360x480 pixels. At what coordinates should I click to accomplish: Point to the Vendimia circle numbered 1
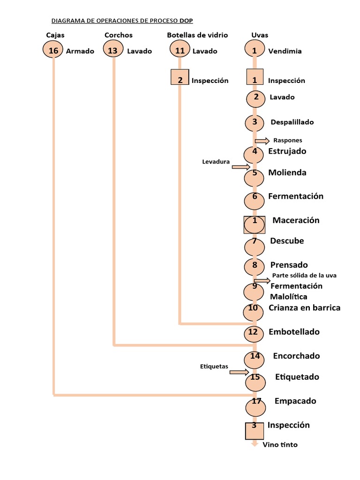(255, 49)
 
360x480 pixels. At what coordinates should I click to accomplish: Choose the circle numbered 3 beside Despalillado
(255, 123)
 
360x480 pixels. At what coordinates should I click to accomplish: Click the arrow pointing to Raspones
(262, 141)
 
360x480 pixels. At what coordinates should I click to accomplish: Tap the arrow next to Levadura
(241, 166)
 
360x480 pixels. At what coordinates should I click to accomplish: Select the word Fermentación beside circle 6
(296, 196)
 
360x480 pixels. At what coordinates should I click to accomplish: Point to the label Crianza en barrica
(304, 307)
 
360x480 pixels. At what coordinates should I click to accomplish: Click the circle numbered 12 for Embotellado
(254, 333)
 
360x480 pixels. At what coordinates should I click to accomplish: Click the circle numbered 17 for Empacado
(256, 405)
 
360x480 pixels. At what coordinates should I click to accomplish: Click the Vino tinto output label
(280, 444)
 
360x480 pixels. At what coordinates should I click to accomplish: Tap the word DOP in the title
(186, 21)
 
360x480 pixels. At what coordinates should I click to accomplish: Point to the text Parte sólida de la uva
(304, 275)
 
